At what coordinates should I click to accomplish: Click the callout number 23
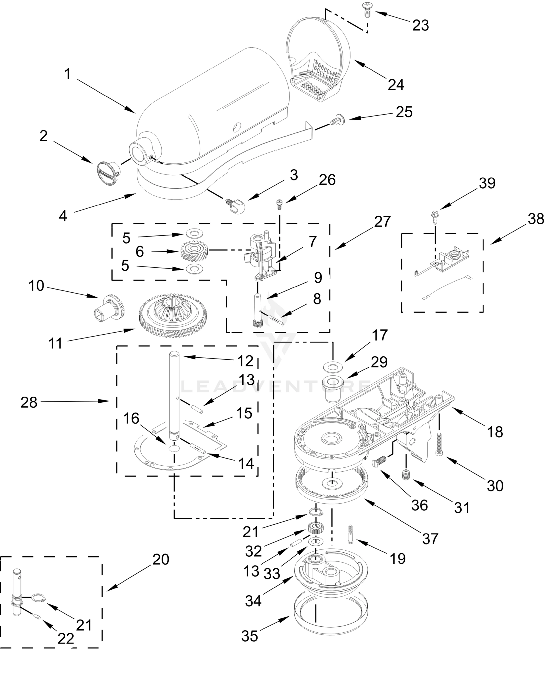coord(420,25)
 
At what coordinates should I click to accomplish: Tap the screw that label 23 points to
coord(367,9)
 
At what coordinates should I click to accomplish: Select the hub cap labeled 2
coord(107,172)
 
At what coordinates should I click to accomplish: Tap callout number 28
coord(29,403)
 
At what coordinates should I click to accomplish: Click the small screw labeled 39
coord(434,215)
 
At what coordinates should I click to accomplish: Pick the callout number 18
coord(495,431)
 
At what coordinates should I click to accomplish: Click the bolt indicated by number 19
coord(351,535)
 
